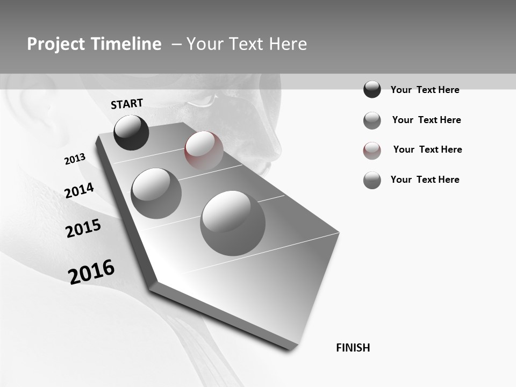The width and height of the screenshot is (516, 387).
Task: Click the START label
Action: click(127, 104)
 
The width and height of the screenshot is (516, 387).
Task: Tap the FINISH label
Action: click(353, 348)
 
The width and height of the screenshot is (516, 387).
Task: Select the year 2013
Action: click(75, 159)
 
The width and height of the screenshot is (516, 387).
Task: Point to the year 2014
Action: click(79, 190)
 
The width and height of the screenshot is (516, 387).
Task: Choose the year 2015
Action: click(83, 228)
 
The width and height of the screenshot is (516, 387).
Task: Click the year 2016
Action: click(91, 272)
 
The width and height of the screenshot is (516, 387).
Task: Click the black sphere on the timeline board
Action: click(131, 132)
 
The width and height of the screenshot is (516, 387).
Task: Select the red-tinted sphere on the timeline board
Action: click(204, 150)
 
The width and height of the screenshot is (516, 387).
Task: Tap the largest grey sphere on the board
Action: click(233, 223)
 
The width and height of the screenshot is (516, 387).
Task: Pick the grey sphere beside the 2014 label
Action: click(156, 193)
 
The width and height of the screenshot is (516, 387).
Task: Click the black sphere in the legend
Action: click(372, 89)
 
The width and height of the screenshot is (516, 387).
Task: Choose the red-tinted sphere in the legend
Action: click(372, 150)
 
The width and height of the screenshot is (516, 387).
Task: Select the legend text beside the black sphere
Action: click(425, 90)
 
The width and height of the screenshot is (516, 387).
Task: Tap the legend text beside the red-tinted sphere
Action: click(427, 149)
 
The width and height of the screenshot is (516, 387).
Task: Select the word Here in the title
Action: click(288, 44)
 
